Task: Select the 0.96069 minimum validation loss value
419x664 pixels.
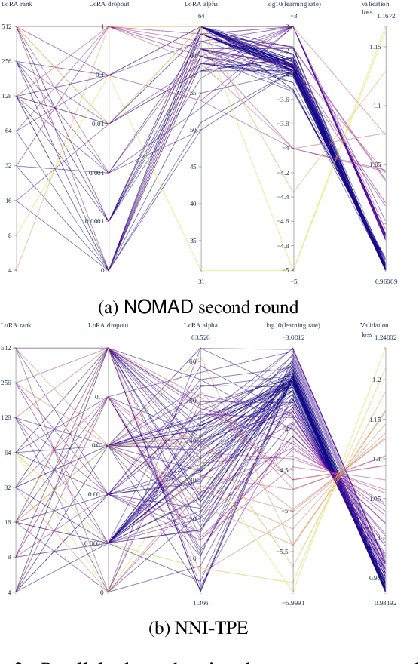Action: point(387,282)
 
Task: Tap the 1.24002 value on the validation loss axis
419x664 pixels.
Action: point(386,337)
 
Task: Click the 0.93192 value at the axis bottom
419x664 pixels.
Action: point(386,603)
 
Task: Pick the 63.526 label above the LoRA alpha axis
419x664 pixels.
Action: point(201,337)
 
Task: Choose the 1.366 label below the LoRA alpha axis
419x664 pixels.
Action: point(201,603)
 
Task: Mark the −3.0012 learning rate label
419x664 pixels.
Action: point(293,337)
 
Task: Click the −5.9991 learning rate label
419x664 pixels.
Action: point(293,603)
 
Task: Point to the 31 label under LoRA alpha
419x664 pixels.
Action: point(201,282)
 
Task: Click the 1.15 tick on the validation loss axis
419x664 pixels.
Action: point(375,47)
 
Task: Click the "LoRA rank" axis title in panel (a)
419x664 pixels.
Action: point(17,4)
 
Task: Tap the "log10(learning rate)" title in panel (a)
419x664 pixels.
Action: point(293,4)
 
